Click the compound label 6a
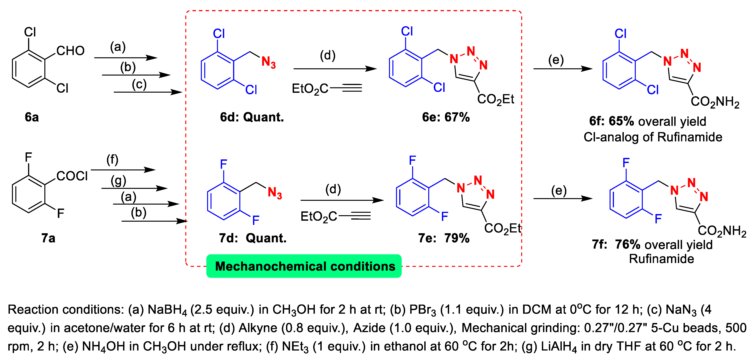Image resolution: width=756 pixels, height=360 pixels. tap(32, 117)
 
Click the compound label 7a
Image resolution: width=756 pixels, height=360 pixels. tap(48, 238)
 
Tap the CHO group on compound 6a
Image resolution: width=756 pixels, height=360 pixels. tap(70, 51)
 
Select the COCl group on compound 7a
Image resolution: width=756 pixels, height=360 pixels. tap(72, 176)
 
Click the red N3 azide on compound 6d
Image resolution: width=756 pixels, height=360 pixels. tap(269, 62)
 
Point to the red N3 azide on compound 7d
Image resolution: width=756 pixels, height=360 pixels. tap(275, 193)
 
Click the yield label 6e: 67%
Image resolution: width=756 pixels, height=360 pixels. tap(446, 117)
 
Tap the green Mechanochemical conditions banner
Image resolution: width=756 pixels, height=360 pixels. tap(304, 266)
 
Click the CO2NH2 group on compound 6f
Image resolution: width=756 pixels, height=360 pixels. tap(715, 102)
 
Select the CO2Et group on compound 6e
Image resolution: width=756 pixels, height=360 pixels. tap(495, 99)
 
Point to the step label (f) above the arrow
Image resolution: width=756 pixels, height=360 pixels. tap(112, 160)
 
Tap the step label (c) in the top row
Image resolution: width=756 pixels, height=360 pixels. tap(139, 84)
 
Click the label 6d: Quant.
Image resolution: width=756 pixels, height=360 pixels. tap(252, 117)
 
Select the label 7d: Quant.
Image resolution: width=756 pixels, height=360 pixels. tap(252, 238)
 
